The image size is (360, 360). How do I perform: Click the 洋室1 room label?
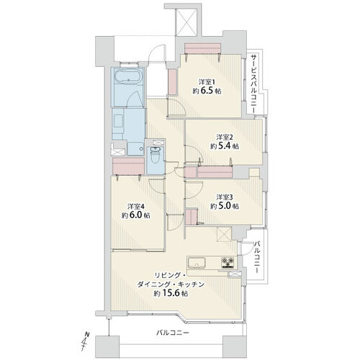(x=207, y=82)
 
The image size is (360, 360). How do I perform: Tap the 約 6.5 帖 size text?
(x=207, y=91)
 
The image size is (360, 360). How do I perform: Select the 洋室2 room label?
(x=225, y=138)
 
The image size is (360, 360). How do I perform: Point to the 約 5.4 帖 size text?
(x=225, y=146)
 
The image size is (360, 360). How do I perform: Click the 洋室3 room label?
(x=225, y=197)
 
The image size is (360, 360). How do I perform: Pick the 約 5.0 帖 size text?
(x=225, y=206)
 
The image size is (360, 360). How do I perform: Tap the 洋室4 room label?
(x=136, y=207)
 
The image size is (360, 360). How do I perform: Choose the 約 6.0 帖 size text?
(x=136, y=215)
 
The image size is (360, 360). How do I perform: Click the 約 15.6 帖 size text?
(x=171, y=293)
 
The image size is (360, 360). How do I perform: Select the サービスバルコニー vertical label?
(x=253, y=84)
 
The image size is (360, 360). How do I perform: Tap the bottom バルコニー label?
(x=173, y=333)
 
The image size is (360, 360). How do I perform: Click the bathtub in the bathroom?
(x=127, y=76)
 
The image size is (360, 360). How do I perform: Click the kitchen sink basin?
(x=197, y=264)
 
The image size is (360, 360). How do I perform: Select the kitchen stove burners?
(x=228, y=262)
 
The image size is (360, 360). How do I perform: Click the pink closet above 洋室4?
(x=128, y=166)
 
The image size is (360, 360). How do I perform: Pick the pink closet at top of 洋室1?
(x=202, y=48)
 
